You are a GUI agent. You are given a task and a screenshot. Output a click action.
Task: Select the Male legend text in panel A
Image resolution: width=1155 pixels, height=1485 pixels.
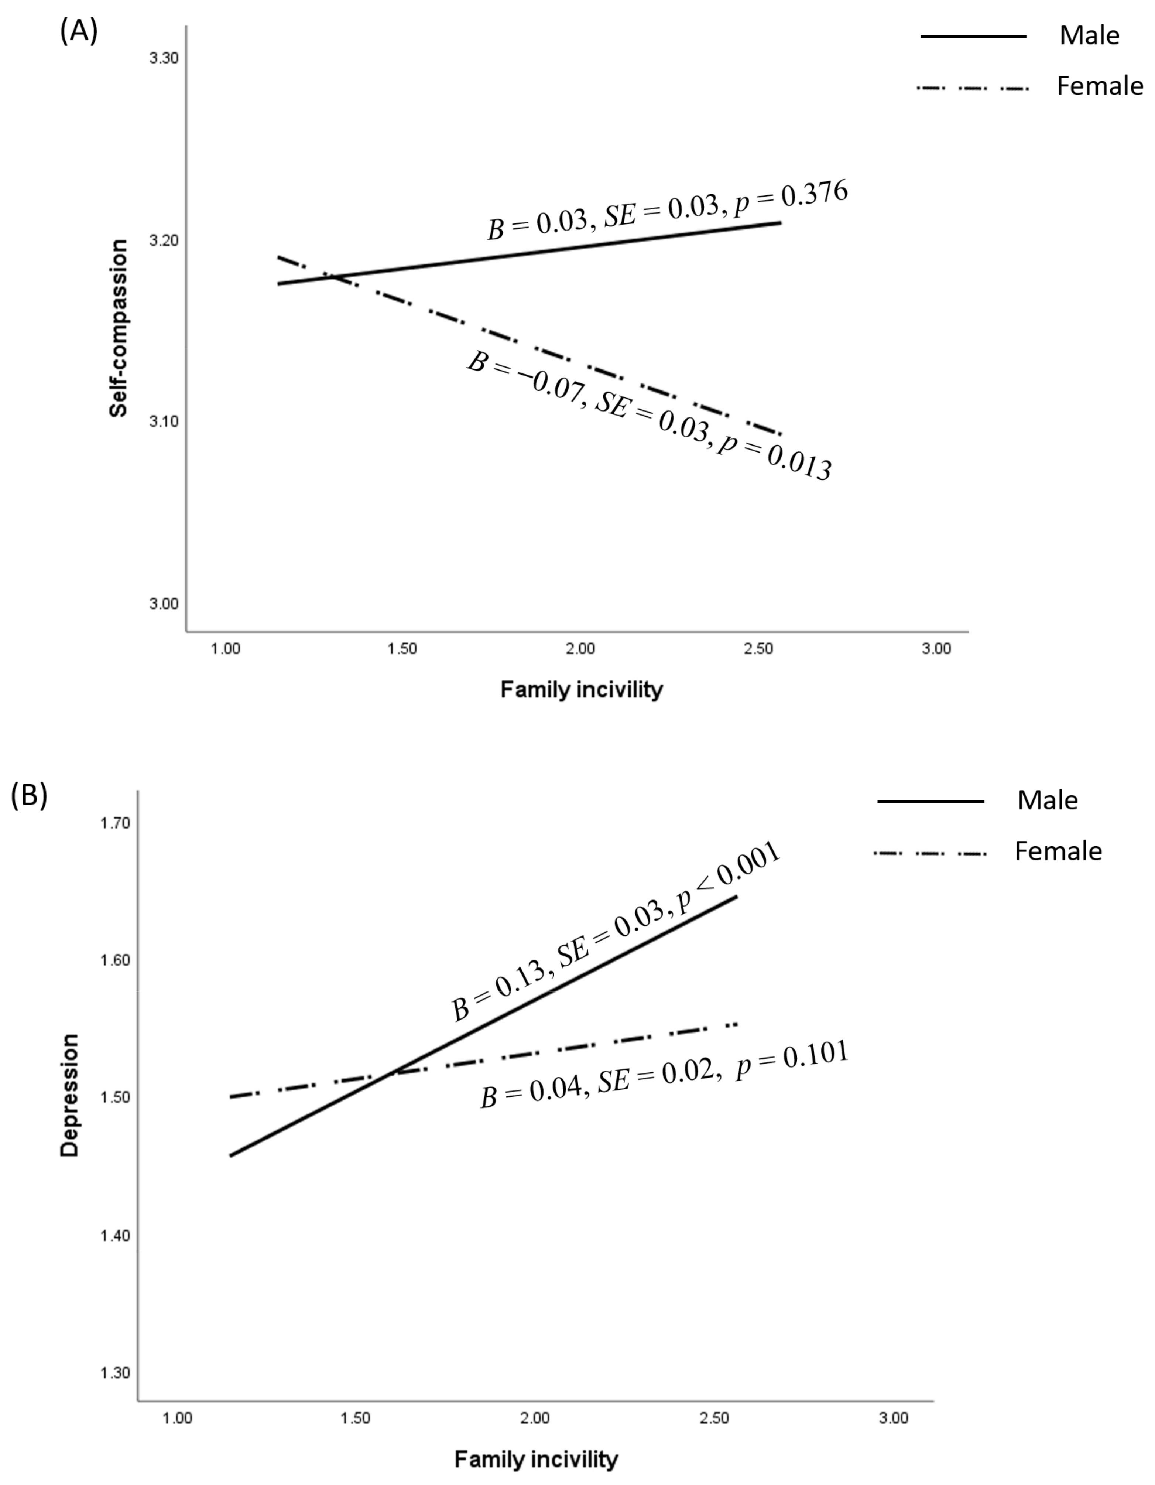point(1089,35)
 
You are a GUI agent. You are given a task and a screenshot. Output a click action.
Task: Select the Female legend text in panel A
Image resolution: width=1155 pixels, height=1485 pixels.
point(1099,86)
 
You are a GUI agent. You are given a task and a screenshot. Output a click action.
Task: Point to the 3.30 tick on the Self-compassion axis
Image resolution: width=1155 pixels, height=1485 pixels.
point(164,58)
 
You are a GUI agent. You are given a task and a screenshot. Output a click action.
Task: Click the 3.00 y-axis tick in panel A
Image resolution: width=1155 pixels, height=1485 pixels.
point(164,604)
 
